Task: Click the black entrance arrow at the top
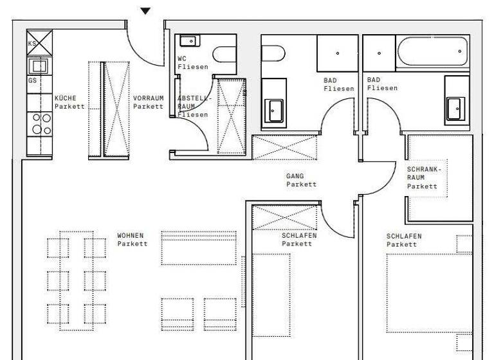[146, 10]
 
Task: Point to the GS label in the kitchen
[32, 81]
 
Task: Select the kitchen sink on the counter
[39, 66]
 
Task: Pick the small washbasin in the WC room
[188, 41]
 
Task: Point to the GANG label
[301, 180]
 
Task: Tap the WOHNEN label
[131, 239]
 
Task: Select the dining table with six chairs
[77, 281]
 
